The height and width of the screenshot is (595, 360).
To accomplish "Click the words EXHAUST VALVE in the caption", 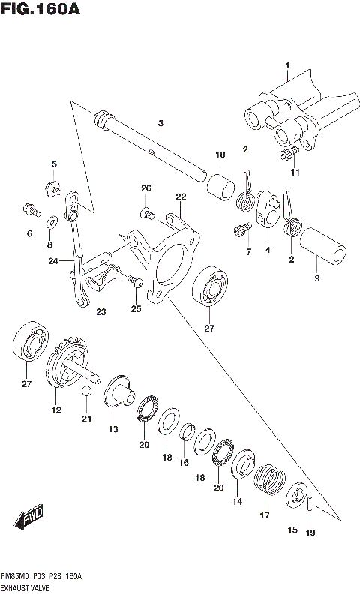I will coord(26,587).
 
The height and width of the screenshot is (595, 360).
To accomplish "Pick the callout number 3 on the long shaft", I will coord(160,122).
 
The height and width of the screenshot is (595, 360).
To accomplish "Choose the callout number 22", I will coord(181,197).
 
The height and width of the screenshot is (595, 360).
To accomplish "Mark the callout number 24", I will coord(52,262).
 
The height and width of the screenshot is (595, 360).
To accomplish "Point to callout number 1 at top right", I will coord(286,67).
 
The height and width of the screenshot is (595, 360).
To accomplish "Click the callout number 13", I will coord(112,429).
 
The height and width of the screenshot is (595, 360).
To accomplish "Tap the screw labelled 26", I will coord(148,214).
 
